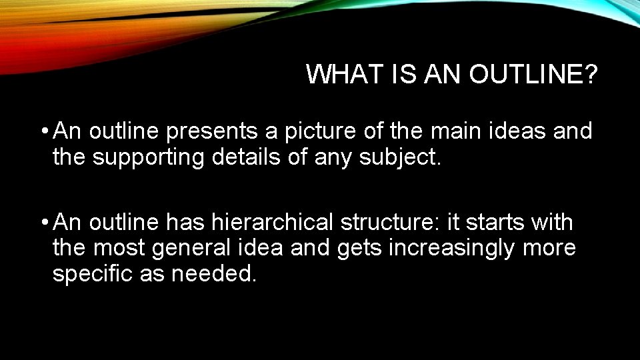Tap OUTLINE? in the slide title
[x=533, y=75]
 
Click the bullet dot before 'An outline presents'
[x=43, y=131]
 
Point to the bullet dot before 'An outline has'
[x=43, y=221]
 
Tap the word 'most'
[x=119, y=249]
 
